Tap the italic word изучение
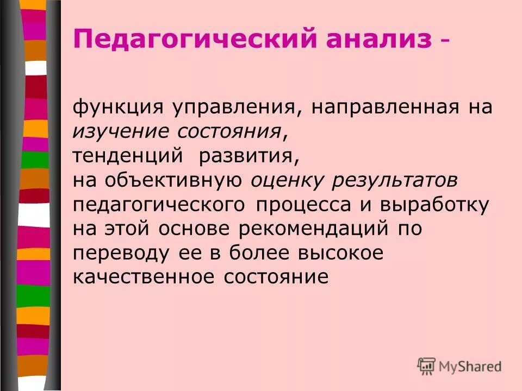click(120, 130)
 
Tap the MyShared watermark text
click(471, 367)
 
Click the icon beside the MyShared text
click(427, 367)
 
